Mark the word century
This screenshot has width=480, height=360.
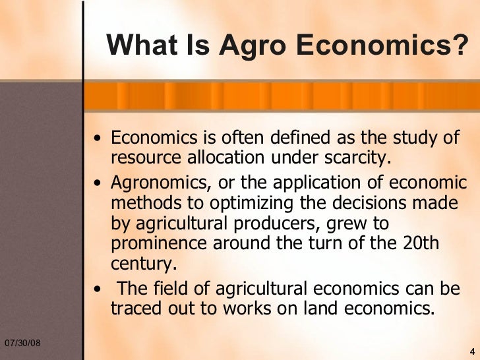point(144,264)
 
